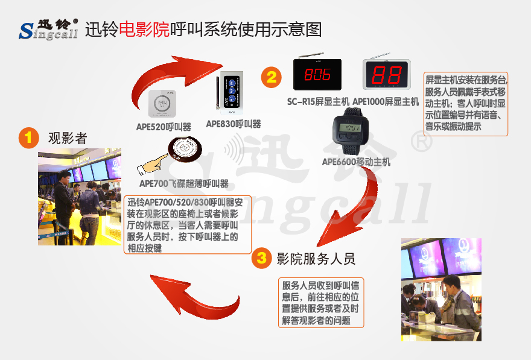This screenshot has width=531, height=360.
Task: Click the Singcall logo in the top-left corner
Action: (x=48, y=29)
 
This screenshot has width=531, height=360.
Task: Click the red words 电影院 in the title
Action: (x=144, y=30)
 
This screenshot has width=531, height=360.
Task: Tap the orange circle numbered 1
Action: (x=29, y=137)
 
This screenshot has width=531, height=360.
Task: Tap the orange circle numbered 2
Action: (x=272, y=77)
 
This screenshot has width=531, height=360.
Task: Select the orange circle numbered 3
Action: (x=262, y=258)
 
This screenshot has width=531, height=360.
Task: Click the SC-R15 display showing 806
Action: (x=317, y=74)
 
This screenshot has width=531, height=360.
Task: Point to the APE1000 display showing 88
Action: (x=387, y=74)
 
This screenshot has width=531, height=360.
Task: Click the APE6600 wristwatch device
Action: (x=351, y=130)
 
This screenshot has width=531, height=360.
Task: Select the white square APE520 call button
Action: (x=162, y=104)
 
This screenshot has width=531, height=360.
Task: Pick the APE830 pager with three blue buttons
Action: (x=231, y=93)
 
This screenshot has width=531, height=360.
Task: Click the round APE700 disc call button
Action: (x=185, y=148)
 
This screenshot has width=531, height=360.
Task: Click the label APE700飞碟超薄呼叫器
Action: (x=184, y=184)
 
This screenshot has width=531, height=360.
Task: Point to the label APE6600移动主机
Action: (x=356, y=162)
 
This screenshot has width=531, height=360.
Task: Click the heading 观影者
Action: (x=68, y=138)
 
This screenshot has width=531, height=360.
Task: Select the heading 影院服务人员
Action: (x=316, y=259)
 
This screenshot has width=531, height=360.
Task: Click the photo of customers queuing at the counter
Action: (x=80, y=197)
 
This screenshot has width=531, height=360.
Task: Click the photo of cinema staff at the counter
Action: (x=441, y=289)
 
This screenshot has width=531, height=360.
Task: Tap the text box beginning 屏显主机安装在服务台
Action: (x=466, y=104)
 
